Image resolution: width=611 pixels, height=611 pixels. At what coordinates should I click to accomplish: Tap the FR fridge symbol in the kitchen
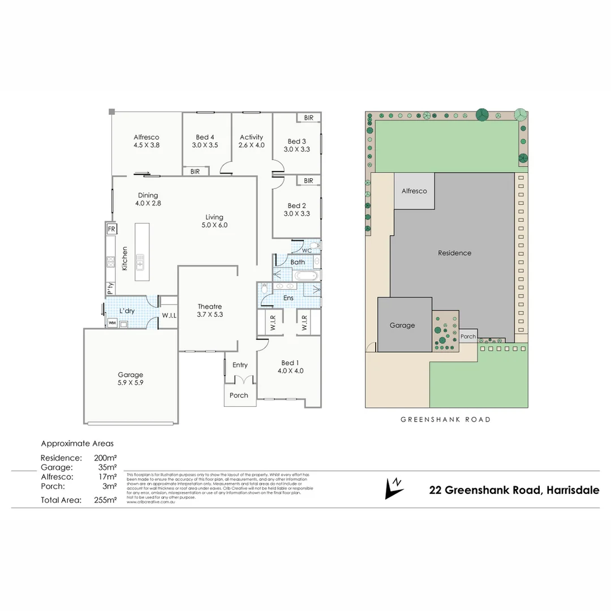pyautogui.click(x=111, y=229)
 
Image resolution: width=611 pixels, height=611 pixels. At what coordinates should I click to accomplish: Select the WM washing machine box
pyautogui.click(x=111, y=323)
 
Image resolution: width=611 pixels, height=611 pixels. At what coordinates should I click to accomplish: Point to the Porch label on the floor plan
pyautogui.click(x=239, y=395)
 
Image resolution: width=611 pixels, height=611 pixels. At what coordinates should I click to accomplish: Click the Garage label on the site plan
pyautogui.click(x=402, y=325)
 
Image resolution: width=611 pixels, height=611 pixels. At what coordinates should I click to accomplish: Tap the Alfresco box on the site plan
pyautogui.click(x=414, y=191)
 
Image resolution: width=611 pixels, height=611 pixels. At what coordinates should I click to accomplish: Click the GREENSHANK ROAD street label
pyautogui.click(x=445, y=420)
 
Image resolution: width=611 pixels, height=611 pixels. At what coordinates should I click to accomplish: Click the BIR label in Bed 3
pyautogui.click(x=308, y=118)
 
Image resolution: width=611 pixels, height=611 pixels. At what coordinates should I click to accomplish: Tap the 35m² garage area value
pyautogui.click(x=107, y=467)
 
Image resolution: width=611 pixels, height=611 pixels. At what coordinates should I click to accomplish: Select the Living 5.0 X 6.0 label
pyautogui.click(x=214, y=221)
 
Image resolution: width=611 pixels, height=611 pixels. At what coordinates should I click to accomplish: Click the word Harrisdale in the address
pyautogui.click(x=572, y=490)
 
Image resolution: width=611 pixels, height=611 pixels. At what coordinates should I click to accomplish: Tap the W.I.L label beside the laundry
pyautogui.click(x=169, y=315)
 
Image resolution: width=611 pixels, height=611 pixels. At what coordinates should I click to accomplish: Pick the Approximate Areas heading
pyautogui.click(x=77, y=444)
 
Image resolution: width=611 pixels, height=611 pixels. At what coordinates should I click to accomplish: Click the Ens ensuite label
pyautogui.click(x=289, y=298)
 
